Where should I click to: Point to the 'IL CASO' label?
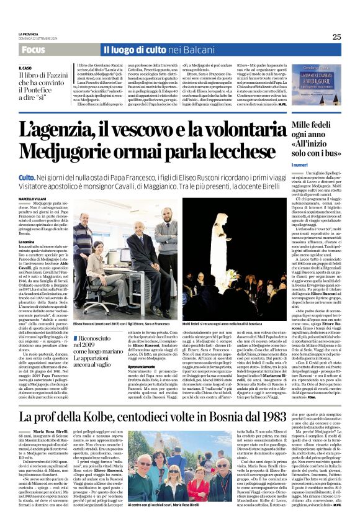click(x=25, y=68)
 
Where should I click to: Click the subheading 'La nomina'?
click(x=26, y=241)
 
